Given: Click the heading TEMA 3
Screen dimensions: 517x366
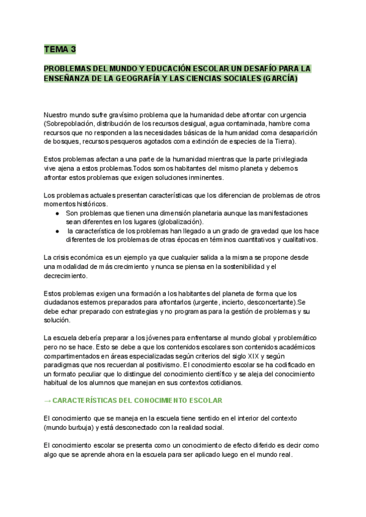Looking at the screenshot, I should tap(60, 49).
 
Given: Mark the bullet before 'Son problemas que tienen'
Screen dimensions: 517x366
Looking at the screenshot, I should tap(57, 213).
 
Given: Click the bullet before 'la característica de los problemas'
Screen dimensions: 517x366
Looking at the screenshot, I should tap(57, 231).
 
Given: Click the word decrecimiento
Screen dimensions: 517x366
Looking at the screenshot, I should tap(65, 276).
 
